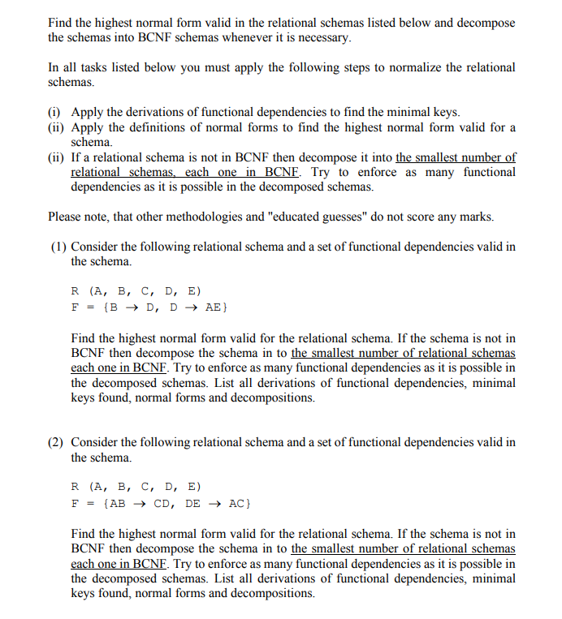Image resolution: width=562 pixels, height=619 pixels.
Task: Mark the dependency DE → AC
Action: coord(214,503)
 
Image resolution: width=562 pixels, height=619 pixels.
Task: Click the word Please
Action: coord(66,217)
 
